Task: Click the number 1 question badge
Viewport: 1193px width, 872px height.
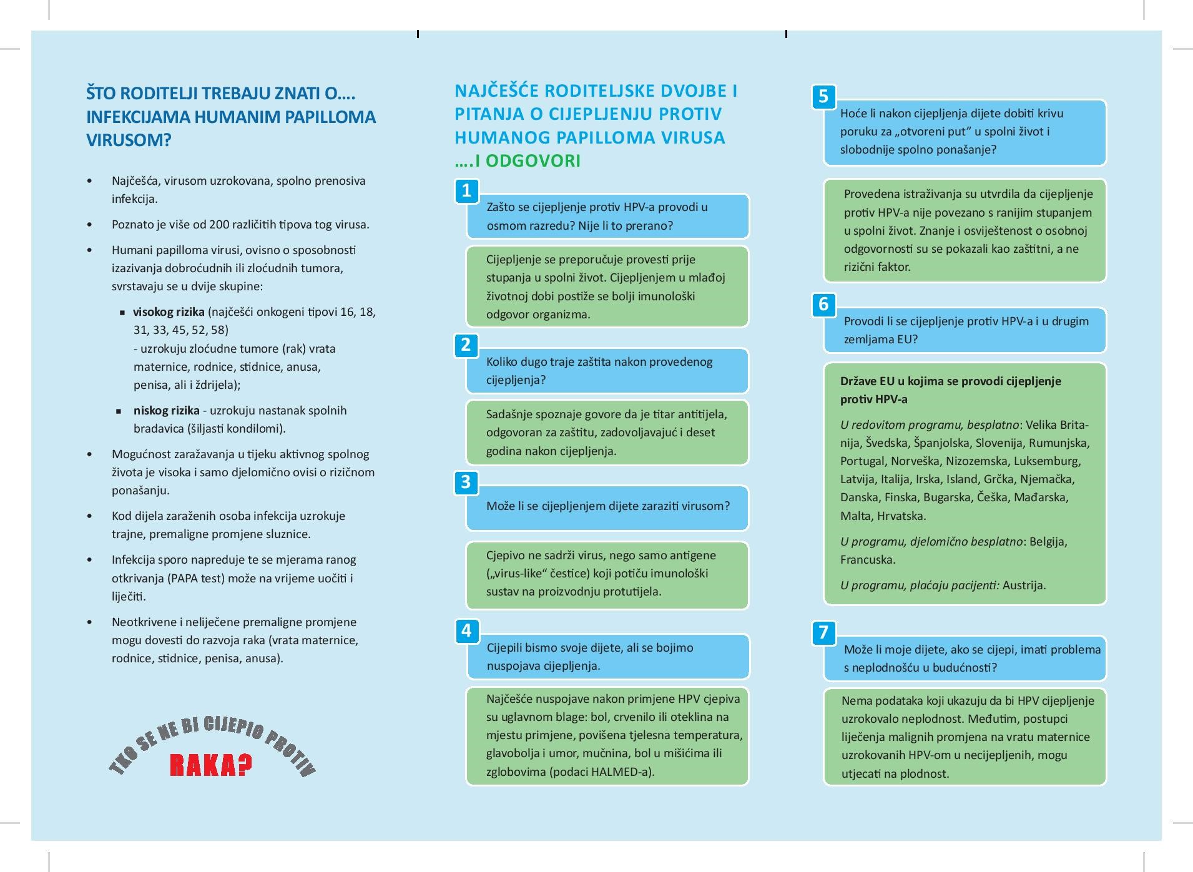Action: click(466, 190)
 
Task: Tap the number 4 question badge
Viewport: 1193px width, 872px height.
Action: click(466, 630)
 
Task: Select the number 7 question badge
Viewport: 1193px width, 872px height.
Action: click(823, 632)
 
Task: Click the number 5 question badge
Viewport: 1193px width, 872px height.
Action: click(823, 97)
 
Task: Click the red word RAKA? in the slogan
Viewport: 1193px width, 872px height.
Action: click(211, 765)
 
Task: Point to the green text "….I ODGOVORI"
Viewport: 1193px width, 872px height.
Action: click(518, 161)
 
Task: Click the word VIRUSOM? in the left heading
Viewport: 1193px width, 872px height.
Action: click(129, 140)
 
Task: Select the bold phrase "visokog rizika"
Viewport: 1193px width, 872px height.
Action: click(169, 312)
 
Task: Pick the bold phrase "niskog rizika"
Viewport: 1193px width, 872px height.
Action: click(166, 411)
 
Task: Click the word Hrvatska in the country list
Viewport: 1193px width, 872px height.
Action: click(901, 516)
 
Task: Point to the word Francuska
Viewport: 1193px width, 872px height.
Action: click(868, 560)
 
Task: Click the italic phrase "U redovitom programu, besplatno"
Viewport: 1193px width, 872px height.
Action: click(930, 425)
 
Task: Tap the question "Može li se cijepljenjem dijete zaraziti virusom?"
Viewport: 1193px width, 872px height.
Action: click(607, 506)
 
